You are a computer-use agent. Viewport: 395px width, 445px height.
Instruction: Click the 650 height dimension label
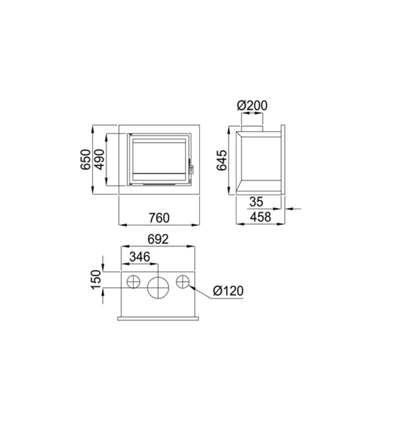click(86, 160)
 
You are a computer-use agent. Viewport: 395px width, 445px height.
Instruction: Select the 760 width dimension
click(159, 218)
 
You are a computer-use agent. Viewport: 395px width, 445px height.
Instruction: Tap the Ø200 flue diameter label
click(252, 106)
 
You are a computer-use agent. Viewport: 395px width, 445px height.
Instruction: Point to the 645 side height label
click(222, 160)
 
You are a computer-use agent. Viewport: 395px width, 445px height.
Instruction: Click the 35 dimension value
click(256, 202)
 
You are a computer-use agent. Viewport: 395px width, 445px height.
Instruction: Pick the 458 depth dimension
click(261, 217)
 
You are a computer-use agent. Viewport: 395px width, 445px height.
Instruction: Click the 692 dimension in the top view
click(158, 239)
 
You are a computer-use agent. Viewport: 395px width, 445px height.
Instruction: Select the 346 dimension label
click(139, 257)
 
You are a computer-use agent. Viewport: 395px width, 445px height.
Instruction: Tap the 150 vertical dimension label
click(96, 280)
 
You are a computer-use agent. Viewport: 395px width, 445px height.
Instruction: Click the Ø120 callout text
click(228, 291)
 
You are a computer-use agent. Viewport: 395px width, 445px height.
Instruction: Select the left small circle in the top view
click(134, 282)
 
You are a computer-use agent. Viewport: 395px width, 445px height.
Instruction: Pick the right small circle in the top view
click(183, 282)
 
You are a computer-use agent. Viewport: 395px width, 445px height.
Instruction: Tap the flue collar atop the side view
click(252, 129)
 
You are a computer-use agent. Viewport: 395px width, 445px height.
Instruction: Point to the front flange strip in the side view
click(283, 160)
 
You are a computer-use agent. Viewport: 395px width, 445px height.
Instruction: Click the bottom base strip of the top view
click(158, 318)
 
